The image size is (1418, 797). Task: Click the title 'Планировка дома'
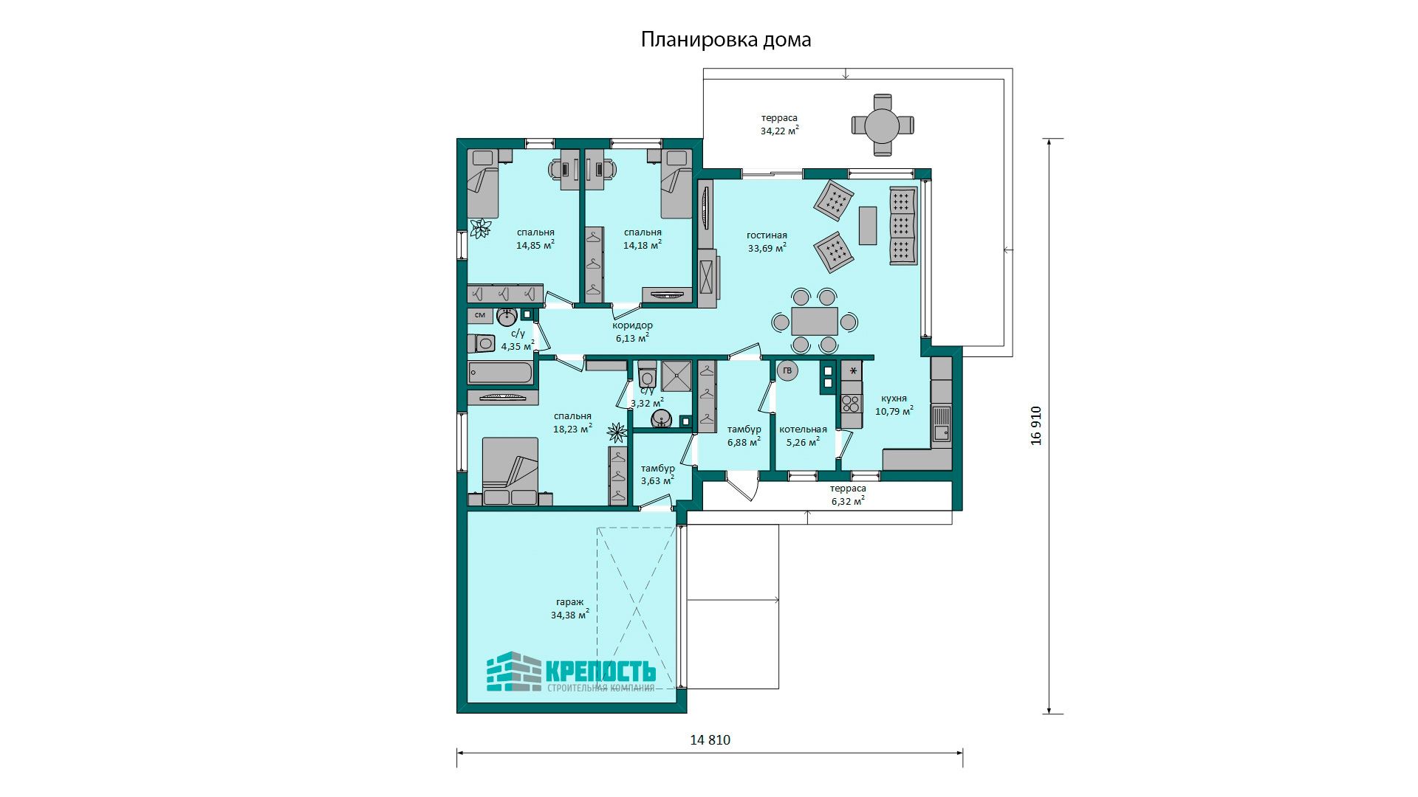726,39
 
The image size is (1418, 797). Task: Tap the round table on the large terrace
883,125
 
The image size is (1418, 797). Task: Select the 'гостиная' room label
767,235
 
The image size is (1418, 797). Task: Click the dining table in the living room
815,321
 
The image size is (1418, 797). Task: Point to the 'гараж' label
569,602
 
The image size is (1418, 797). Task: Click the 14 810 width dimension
710,740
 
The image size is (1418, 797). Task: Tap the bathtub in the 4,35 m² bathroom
501,373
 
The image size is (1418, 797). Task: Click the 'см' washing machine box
480,316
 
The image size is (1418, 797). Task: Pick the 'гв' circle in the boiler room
787,370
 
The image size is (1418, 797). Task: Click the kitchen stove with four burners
852,403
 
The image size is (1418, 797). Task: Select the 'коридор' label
632,325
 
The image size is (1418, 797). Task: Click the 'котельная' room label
803,429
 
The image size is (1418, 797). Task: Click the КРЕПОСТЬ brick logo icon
514,672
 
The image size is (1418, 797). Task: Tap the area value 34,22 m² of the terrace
780,131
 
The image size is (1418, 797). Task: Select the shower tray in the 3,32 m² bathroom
677,376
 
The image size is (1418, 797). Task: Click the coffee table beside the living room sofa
868,225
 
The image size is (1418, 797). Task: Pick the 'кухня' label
894,398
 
